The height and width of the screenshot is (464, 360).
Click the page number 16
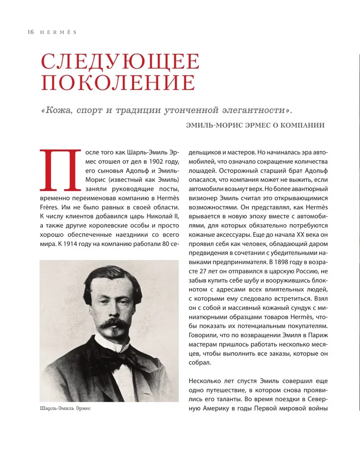pos(31,32)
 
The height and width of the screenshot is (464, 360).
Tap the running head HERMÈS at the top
pos(57,32)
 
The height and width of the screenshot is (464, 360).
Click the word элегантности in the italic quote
pos(253,111)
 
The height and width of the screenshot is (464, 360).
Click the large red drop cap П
pos(58,170)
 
